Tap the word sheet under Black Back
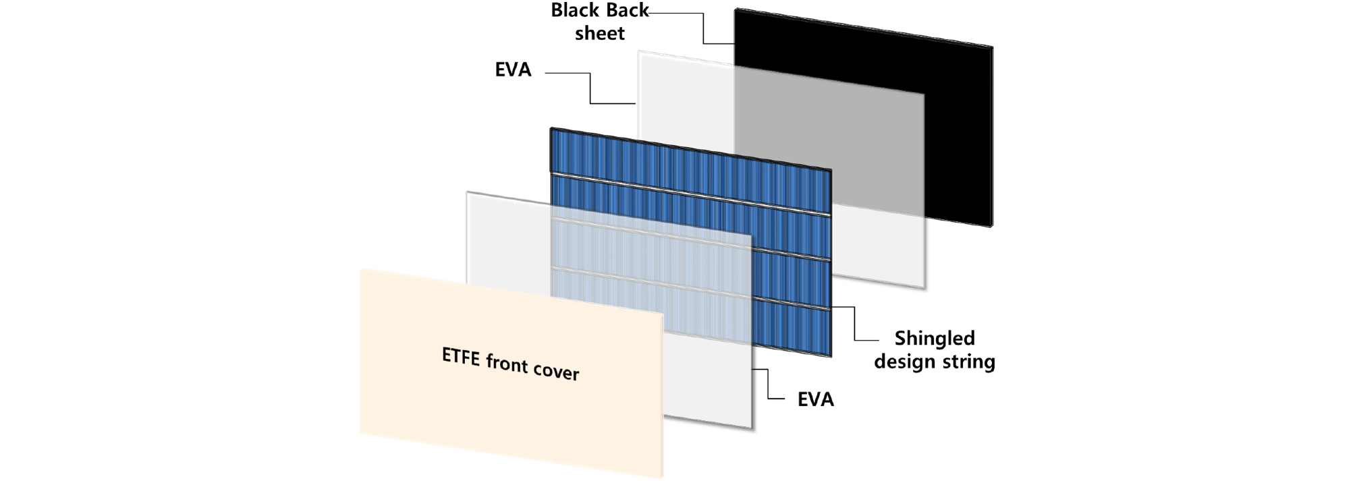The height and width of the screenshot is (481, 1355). click(599, 33)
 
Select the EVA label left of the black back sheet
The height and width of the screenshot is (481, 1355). click(513, 69)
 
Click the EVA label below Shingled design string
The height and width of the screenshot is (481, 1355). click(815, 399)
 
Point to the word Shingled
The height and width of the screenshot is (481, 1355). click(935, 337)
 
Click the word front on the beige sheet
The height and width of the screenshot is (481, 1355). click(506, 365)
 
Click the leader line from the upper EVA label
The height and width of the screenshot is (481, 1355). click(590, 88)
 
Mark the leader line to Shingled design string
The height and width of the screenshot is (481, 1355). click(855, 324)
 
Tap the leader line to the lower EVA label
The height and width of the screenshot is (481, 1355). click(769, 384)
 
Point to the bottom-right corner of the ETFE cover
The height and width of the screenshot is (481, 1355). click(663, 478)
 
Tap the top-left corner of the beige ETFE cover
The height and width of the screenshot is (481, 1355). click(360, 268)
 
